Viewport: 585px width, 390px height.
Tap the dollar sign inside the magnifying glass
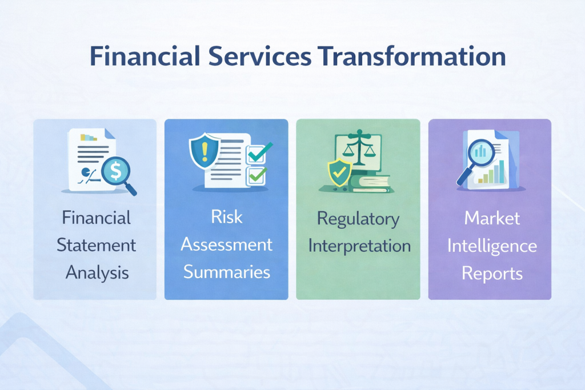[x=116, y=170]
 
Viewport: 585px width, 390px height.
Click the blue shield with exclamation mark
[x=204, y=151]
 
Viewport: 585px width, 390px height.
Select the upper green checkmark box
[x=255, y=152]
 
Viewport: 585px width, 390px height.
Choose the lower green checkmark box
[x=255, y=175]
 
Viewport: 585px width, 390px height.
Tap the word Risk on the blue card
[x=226, y=216]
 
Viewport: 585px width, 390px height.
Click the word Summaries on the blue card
[x=226, y=272]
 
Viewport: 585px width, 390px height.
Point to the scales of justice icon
[x=359, y=151]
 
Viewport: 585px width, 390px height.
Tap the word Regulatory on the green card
[x=358, y=218]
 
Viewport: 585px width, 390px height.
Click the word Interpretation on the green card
[x=358, y=246]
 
